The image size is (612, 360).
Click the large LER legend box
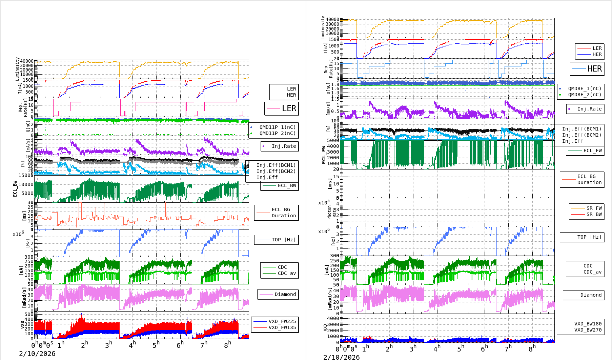pos(282,108)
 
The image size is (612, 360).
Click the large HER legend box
pos(587,69)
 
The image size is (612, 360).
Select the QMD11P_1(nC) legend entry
pos(277,127)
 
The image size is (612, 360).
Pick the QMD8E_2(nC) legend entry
pos(584,95)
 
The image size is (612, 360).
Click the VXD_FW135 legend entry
pos(282,327)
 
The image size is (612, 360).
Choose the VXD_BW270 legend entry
pos(588,330)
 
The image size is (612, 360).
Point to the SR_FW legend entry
pos(594,208)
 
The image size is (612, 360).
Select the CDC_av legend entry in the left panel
pos(287,273)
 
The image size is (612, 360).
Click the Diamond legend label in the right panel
pos(591,295)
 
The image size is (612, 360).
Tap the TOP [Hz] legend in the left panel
pos(283,240)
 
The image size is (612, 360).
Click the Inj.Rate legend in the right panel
pos(589,109)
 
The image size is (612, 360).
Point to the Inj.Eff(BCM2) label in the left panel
pos(276,171)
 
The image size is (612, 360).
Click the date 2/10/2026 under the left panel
pos(37,354)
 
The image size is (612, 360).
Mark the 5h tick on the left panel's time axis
pos(156,345)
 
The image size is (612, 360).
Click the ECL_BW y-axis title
pos(15,188)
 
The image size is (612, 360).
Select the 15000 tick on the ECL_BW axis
pos(26,175)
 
